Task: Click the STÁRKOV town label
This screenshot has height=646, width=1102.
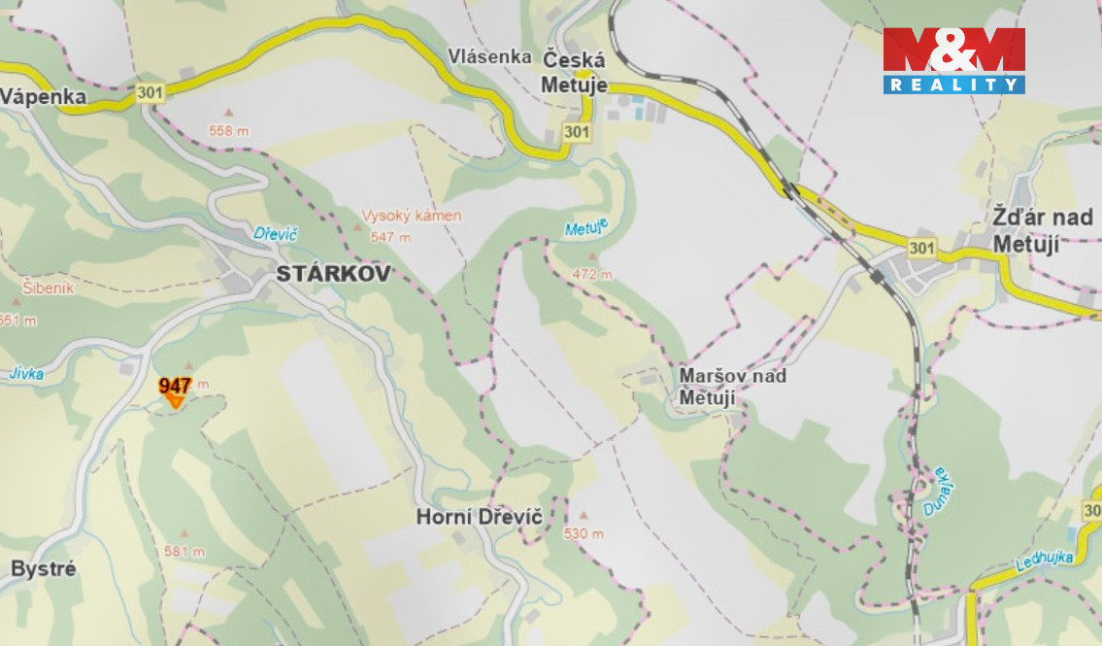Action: click(x=333, y=274)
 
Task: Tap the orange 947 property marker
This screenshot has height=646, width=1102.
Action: click(x=176, y=390)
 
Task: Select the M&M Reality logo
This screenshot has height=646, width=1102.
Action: click(x=953, y=60)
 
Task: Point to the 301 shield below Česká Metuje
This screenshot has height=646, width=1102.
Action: click(x=576, y=131)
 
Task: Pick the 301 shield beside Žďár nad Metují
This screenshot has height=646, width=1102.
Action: click(x=921, y=249)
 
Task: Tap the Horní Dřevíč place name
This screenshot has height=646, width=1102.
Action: click(x=479, y=517)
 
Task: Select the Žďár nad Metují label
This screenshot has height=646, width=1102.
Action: click(x=1042, y=229)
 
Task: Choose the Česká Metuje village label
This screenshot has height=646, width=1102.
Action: click(x=574, y=72)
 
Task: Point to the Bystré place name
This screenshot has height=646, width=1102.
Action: click(x=43, y=568)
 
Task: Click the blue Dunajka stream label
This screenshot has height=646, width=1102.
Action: click(x=932, y=492)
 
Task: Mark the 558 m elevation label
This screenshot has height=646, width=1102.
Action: click(x=229, y=130)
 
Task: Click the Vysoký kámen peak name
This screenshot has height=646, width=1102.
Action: click(x=411, y=216)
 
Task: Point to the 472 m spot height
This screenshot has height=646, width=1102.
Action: click(x=592, y=274)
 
